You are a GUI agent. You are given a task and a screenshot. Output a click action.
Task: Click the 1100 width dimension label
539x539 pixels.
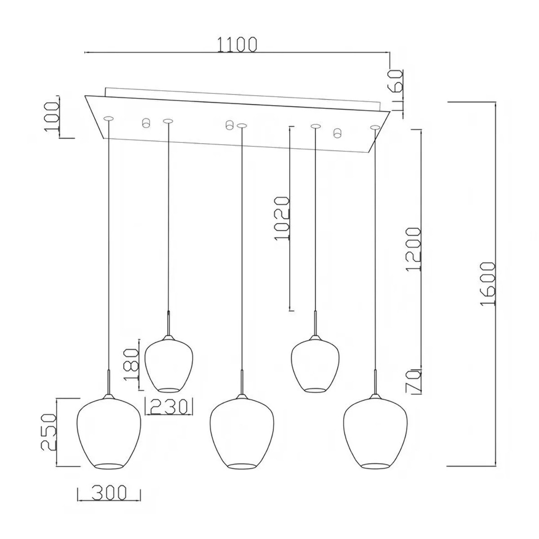tap(237, 44)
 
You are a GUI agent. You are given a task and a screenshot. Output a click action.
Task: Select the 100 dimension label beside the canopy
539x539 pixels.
tap(52, 117)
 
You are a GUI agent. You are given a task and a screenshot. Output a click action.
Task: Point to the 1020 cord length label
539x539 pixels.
tap(282, 218)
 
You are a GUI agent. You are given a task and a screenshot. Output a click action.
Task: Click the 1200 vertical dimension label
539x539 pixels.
tap(413, 249)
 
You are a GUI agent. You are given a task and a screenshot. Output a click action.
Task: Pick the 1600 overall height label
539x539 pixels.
tap(488, 283)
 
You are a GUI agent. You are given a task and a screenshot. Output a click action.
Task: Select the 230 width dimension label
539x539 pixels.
tap(168, 406)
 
